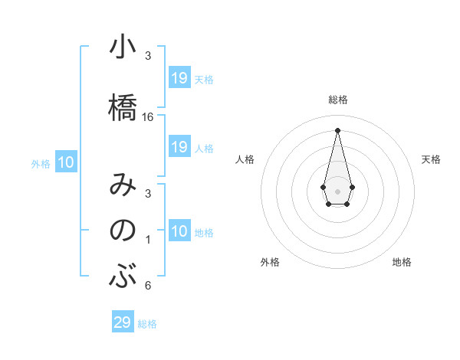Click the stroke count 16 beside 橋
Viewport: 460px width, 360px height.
pos(148,117)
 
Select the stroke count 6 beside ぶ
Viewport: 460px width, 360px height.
pos(148,286)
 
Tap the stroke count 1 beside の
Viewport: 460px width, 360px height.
pos(148,241)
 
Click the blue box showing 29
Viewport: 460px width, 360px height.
pos(123,322)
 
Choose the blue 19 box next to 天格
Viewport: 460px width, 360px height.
pos(179,78)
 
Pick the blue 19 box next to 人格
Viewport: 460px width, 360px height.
pos(179,147)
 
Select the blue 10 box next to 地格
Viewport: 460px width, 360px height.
pos(179,231)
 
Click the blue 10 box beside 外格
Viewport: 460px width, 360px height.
pos(66,162)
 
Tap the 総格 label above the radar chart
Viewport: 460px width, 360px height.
pos(337,100)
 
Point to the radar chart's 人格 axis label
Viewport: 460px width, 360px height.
pos(245,159)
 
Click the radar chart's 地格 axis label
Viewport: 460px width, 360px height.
pos(402,262)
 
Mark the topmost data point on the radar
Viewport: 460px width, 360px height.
pos(337,129)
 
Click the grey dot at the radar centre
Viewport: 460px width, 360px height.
pos(337,190)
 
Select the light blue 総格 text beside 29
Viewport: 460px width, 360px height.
pos(147,323)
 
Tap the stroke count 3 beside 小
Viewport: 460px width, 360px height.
pos(148,56)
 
